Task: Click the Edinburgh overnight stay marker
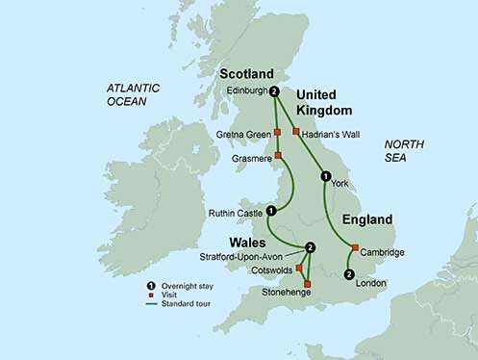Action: pos(275,92)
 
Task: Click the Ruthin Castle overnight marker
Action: pos(270,211)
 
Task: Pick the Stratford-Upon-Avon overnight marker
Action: pos(309,246)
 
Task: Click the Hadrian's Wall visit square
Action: pos(295,131)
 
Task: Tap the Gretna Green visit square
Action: pos(277,132)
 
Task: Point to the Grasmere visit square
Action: pos(278,155)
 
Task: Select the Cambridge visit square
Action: pos(355,248)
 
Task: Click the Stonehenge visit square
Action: pos(307,282)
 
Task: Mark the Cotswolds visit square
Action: pos(299,265)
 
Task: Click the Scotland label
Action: pos(247,74)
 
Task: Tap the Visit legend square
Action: pos(151,296)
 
